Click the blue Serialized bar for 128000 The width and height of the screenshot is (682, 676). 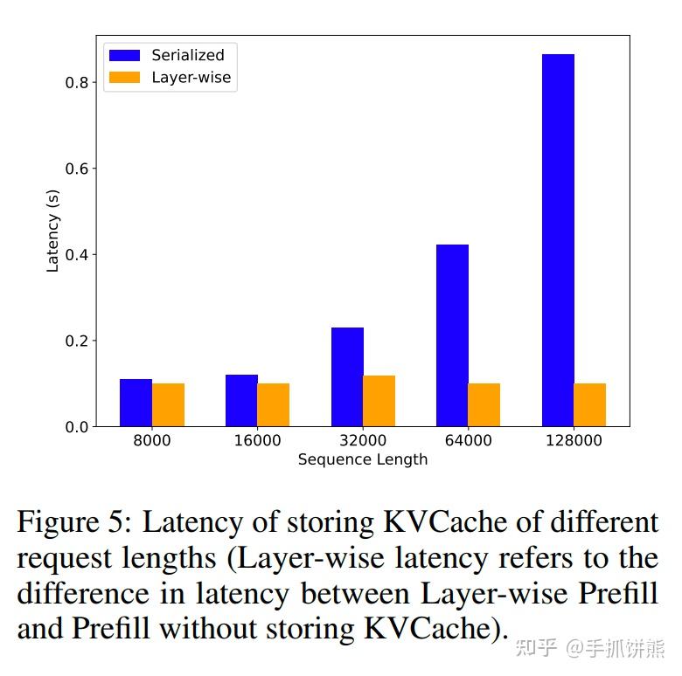558,240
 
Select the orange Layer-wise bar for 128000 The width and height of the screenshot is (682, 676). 589,405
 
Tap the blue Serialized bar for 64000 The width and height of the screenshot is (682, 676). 452,335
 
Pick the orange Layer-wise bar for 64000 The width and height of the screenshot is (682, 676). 484,405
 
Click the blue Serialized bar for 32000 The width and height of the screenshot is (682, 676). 347,376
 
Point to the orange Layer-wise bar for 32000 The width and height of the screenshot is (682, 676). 379,401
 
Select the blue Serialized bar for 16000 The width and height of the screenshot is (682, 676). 241,400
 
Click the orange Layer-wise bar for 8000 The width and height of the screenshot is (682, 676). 168,405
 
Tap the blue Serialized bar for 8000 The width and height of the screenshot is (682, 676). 136,403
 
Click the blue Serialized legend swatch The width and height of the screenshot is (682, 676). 124,55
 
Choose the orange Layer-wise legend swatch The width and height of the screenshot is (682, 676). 124,77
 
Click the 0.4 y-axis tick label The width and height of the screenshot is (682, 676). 77,255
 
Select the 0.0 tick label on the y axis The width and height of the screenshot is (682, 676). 77,427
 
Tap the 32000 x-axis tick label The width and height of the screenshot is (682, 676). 363,441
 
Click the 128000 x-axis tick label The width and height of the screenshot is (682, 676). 574,441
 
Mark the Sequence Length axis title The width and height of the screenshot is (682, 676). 363,459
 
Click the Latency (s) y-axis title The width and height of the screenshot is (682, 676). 53,231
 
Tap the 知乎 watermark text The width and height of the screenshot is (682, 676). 536,647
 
